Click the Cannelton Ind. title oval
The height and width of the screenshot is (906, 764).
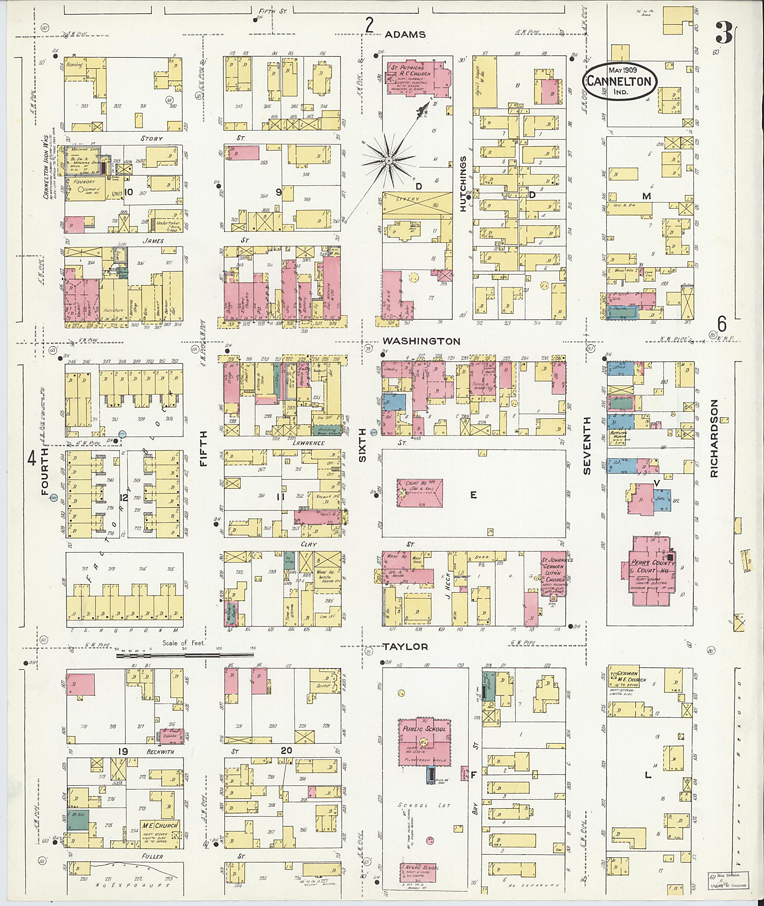(x=619, y=81)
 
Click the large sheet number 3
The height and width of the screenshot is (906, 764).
(x=724, y=32)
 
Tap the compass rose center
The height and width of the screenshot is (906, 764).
(x=389, y=161)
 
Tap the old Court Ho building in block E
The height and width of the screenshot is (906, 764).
(x=419, y=493)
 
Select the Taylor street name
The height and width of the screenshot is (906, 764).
(x=406, y=647)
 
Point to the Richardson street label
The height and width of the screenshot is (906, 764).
(x=714, y=438)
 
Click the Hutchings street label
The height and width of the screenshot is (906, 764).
(x=463, y=184)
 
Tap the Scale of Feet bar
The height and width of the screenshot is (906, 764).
(x=185, y=656)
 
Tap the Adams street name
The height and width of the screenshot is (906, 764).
(x=406, y=35)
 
